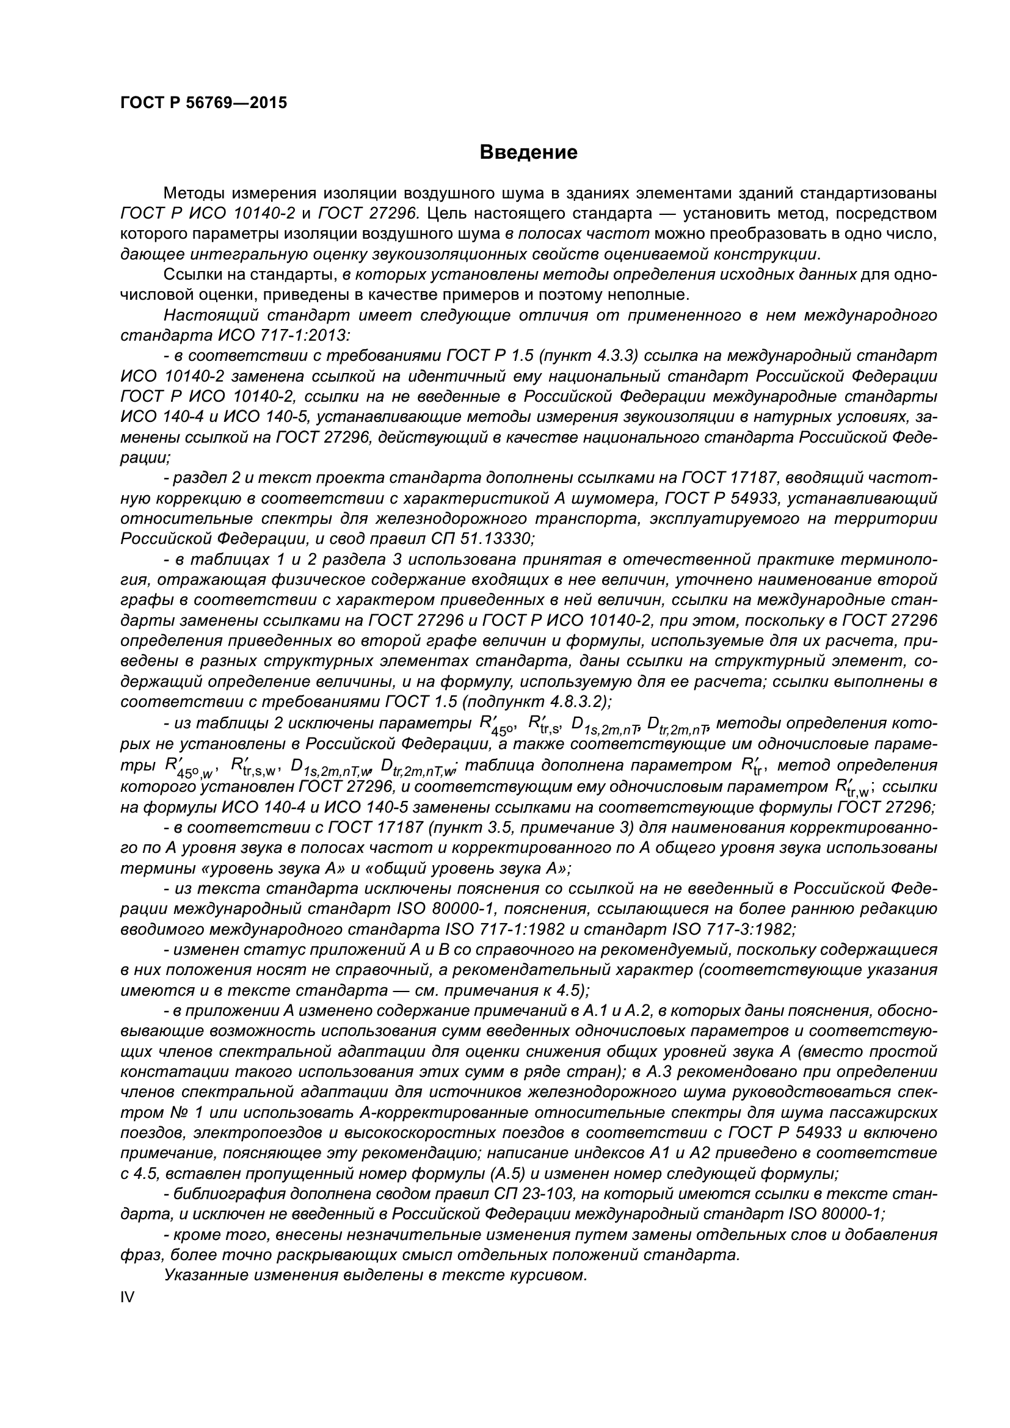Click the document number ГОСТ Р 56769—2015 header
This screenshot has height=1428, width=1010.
pos(203,103)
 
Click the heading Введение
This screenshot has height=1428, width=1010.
pos(529,153)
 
